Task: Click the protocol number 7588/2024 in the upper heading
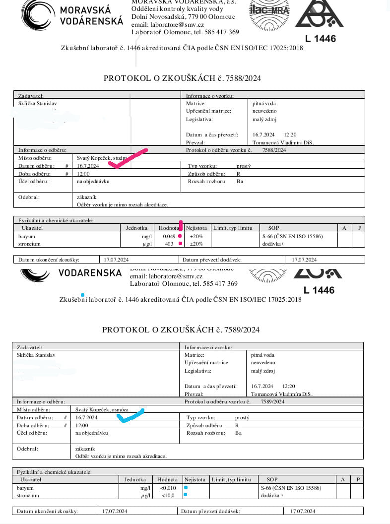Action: [x=243, y=78]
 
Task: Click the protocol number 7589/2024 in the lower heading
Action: [x=242, y=329]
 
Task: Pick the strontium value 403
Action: [x=169, y=244]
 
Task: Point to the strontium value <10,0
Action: [x=168, y=495]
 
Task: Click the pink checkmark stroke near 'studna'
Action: [x=128, y=158]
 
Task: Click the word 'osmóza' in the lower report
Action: [x=120, y=409]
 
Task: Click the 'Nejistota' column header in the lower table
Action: [x=195, y=479]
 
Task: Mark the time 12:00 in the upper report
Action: [x=83, y=174]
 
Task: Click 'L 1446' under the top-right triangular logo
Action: [x=320, y=38]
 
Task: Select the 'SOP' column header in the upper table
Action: [x=273, y=228]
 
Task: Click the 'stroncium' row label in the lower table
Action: [x=28, y=495]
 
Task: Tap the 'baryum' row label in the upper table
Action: [x=27, y=236]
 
